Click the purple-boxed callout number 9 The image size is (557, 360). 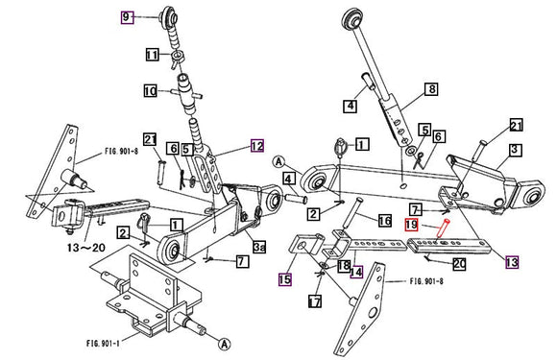(x=126, y=16)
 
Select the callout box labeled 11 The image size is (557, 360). (x=152, y=55)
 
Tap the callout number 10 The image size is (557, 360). (x=151, y=92)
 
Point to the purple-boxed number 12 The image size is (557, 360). (x=256, y=147)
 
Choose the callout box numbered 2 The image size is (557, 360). (x=124, y=233)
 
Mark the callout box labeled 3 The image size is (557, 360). (x=515, y=150)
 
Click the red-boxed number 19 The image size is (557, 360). (x=410, y=226)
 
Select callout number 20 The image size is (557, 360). (x=459, y=262)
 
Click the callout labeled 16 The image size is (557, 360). (x=383, y=221)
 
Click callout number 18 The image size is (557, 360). (x=343, y=264)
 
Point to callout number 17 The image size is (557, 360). (x=313, y=301)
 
